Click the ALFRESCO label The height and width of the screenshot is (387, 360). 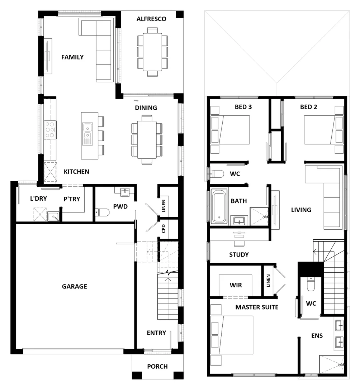pyautogui.click(x=151, y=19)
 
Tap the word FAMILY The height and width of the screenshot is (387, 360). pyautogui.click(x=72, y=57)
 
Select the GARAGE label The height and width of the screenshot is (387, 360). pyautogui.click(x=74, y=286)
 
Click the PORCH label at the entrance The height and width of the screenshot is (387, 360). pyautogui.click(x=157, y=366)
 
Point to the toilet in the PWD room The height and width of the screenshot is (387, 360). pyautogui.click(x=103, y=212)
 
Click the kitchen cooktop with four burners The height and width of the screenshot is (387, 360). pyautogui.click(x=50, y=129)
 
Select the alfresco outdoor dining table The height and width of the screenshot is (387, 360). pyautogui.click(x=152, y=52)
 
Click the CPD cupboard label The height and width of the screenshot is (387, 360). pyautogui.click(x=164, y=229)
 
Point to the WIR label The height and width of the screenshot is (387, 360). pyautogui.click(x=235, y=285)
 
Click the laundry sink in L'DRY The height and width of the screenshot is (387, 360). pyautogui.click(x=53, y=216)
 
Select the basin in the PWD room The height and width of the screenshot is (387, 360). pyautogui.click(x=124, y=192)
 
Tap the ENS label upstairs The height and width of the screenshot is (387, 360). pyautogui.click(x=317, y=336)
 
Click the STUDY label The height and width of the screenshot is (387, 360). pyautogui.click(x=239, y=255)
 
